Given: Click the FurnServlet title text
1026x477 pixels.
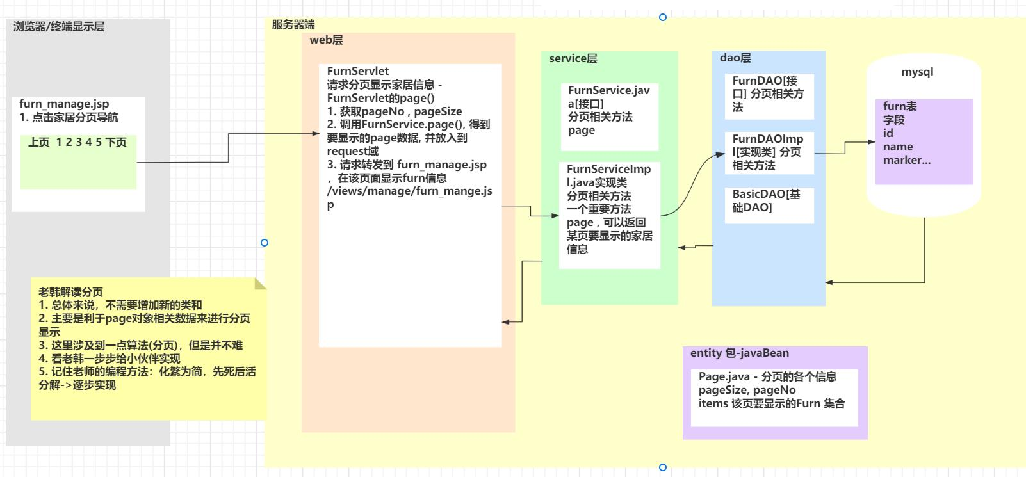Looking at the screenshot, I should tap(357, 71).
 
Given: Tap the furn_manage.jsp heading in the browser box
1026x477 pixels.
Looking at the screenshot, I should tap(64, 104).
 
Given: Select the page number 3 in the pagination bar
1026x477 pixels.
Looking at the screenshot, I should tap(79, 142).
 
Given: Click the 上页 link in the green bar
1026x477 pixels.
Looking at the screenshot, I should tap(38, 142).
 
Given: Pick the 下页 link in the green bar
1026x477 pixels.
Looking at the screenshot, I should tap(116, 142).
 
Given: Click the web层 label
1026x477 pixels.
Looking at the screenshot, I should tap(326, 40).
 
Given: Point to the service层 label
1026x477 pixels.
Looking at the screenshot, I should tap(573, 59).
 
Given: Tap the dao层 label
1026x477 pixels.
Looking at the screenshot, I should tap(735, 58).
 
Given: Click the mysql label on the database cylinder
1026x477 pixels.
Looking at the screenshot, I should tap(917, 72).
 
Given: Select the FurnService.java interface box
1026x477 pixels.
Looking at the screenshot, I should tap(609, 117).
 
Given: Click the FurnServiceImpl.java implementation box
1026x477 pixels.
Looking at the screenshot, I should tap(609, 214).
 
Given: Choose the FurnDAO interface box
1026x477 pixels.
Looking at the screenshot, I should tap(769, 95).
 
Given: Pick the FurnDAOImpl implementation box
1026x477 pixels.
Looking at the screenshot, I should tap(769, 152).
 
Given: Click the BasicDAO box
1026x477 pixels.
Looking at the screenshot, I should tap(769, 204).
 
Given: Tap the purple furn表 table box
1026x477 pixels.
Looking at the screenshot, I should tap(924, 141).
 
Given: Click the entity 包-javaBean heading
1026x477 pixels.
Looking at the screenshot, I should tap(739, 353).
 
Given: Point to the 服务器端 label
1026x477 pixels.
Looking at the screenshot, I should tap(293, 25).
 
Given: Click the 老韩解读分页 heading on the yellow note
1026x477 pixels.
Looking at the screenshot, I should tap(70, 292).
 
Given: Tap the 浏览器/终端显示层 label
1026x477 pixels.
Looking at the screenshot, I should tap(58, 27).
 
